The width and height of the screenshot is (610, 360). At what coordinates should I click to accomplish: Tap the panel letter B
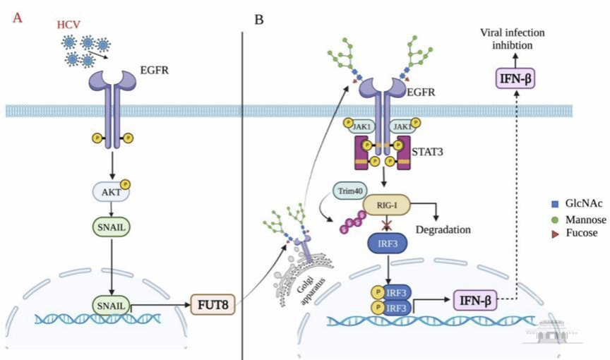(x=259, y=19)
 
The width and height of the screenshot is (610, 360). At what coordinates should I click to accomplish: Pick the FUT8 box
(x=210, y=306)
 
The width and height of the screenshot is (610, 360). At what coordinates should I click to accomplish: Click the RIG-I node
(x=385, y=205)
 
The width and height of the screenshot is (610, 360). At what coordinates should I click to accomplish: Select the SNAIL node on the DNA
(x=108, y=305)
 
